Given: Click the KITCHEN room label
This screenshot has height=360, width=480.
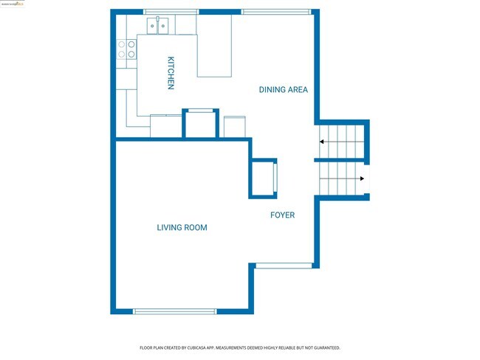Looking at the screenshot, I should (x=171, y=74).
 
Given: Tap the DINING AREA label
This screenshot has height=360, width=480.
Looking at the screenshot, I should (x=283, y=90).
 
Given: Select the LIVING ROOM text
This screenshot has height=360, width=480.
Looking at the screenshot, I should (x=182, y=228).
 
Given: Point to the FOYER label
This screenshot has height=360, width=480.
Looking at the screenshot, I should (x=282, y=215).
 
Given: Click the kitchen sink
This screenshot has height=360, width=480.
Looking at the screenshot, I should (x=160, y=27).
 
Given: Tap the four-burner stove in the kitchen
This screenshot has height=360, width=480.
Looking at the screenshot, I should (x=126, y=49).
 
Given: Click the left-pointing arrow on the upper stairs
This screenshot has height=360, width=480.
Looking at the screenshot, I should (x=322, y=141).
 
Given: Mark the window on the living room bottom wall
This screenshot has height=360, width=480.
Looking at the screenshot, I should (x=175, y=311).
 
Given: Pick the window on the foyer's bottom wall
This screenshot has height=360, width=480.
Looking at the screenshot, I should (x=284, y=266).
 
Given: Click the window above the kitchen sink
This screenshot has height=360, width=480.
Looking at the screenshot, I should (x=171, y=12).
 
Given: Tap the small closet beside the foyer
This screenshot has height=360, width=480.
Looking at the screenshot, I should (x=264, y=179).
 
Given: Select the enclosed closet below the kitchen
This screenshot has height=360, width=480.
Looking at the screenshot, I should (x=200, y=125).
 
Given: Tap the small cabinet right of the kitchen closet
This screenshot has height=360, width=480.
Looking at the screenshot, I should (x=235, y=127).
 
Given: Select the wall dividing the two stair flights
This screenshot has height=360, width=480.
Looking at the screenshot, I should (x=341, y=160).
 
